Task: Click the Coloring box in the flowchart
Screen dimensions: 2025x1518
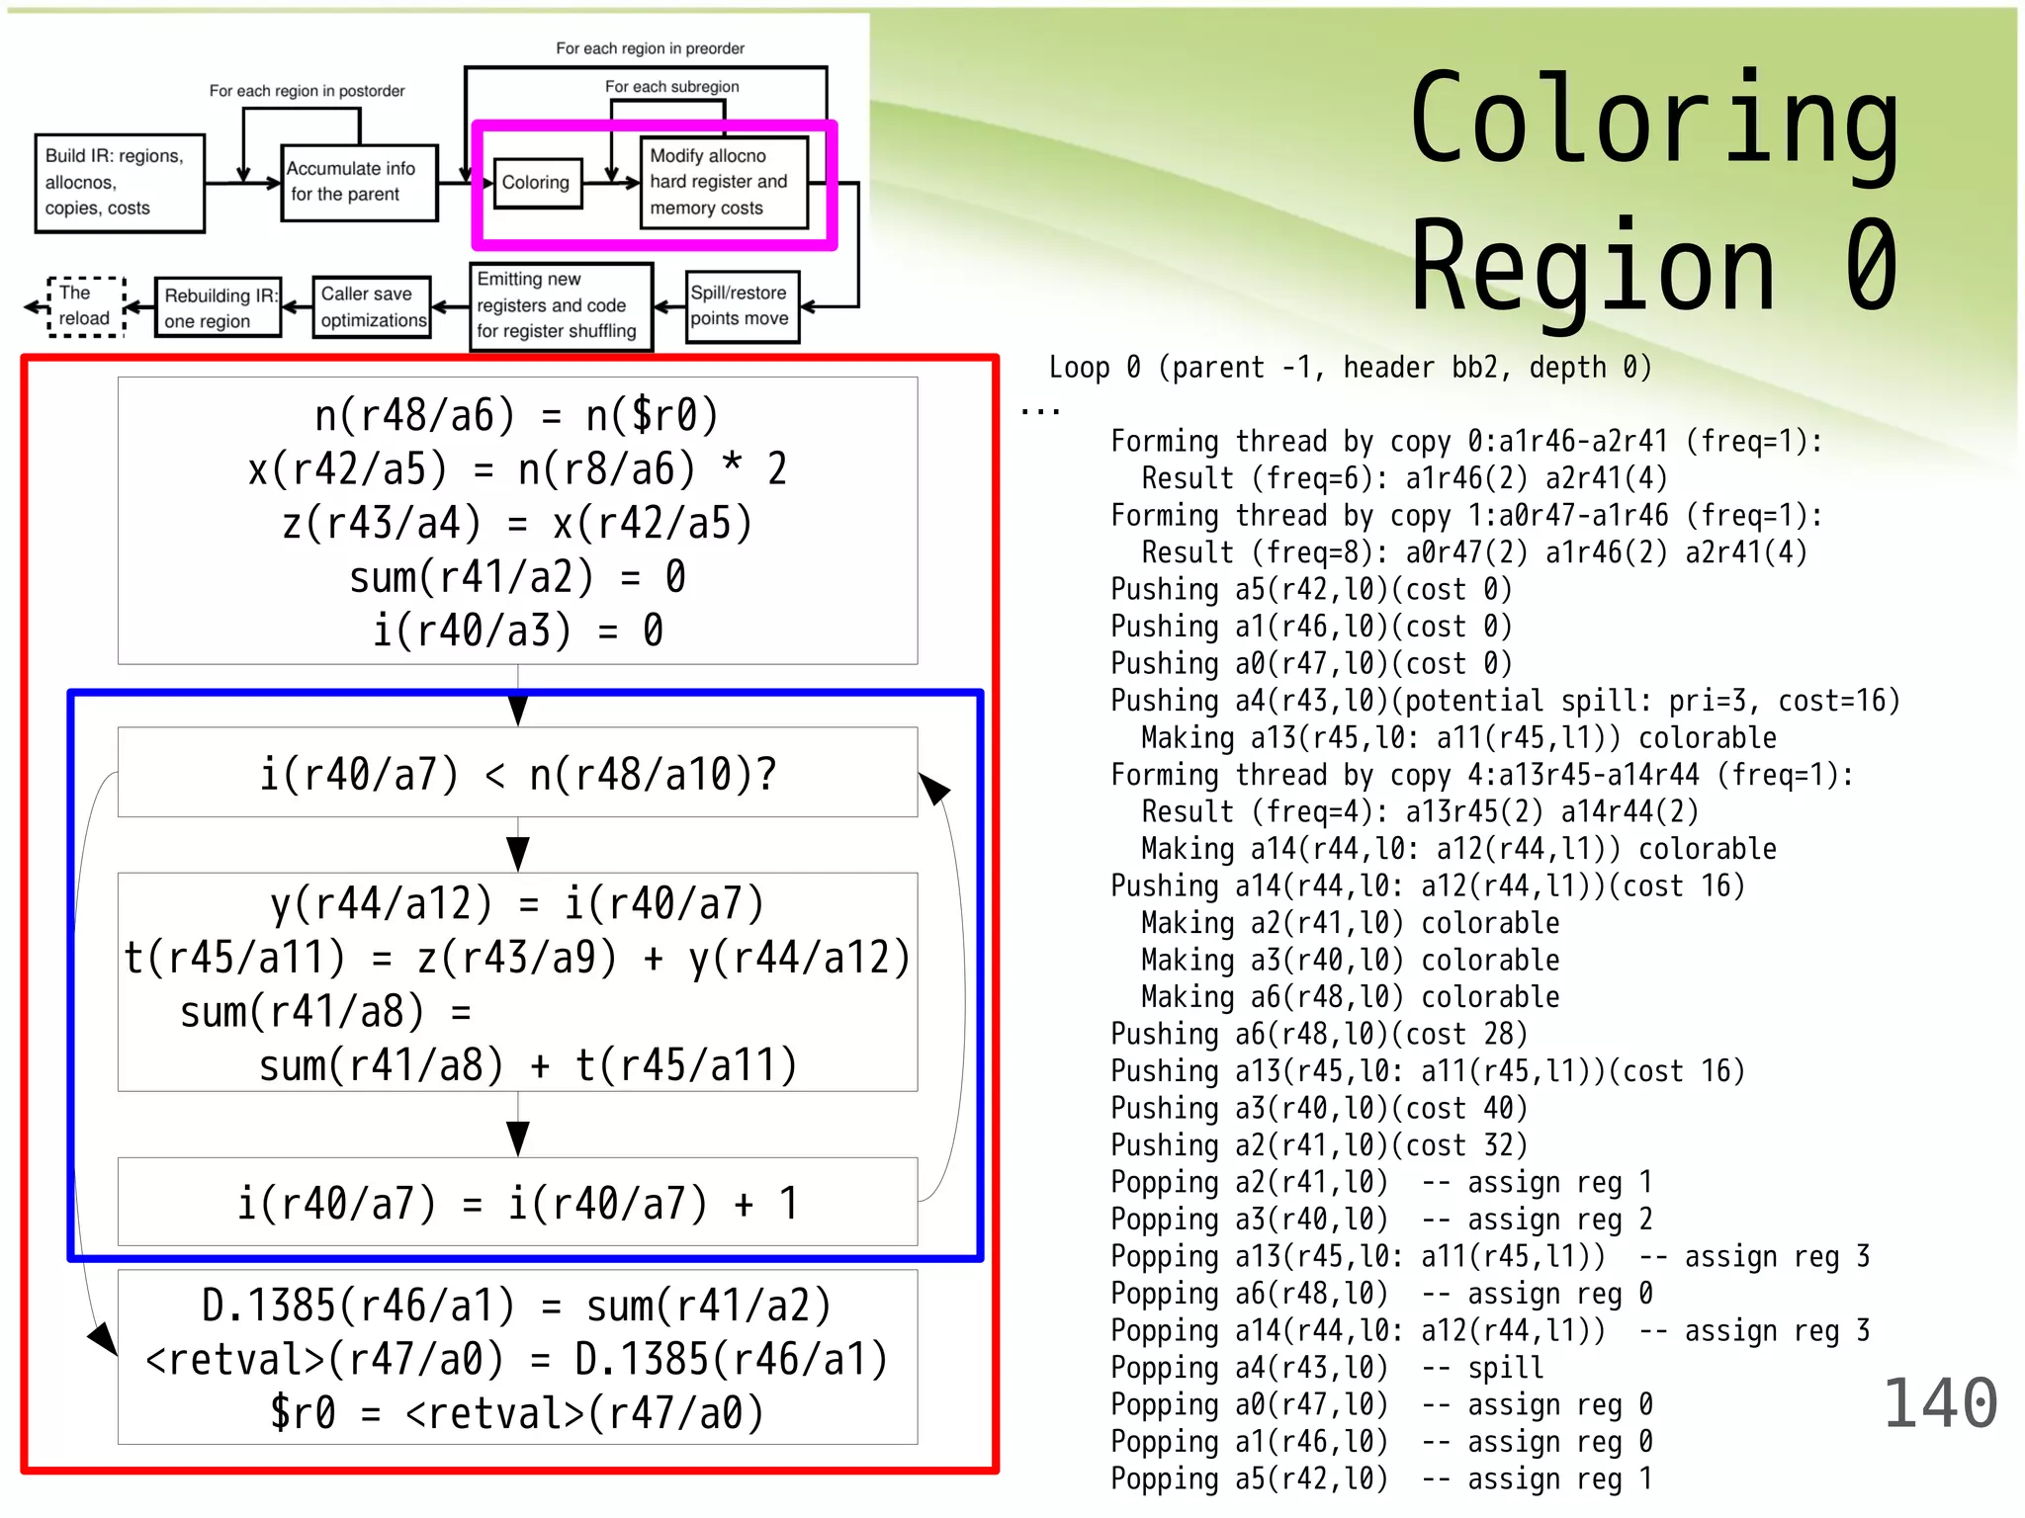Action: [536, 183]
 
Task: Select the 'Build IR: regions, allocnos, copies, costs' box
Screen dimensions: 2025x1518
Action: [119, 183]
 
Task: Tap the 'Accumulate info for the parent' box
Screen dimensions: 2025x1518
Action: [358, 182]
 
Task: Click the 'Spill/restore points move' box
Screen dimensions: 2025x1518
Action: [742, 306]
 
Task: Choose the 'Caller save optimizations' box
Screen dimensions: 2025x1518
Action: [372, 307]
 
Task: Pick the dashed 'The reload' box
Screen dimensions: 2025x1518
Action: [86, 306]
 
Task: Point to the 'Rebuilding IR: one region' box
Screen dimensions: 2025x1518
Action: [219, 308]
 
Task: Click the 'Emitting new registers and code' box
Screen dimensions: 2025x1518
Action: [560, 306]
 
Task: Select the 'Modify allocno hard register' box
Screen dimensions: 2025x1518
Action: [724, 183]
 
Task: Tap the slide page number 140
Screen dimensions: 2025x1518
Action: [1940, 1403]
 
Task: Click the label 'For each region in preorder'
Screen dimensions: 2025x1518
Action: [650, 48]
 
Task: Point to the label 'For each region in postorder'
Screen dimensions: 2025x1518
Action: [307, 91]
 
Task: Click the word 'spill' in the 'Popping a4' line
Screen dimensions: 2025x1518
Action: [1505, 1368]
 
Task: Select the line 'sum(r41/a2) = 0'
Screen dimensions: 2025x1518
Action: [517, 577]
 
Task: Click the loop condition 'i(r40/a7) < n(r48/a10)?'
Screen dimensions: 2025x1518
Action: [517, 774]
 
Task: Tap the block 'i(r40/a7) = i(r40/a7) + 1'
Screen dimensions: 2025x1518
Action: [517, 1203]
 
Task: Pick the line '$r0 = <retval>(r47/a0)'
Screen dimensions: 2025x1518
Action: [517, 1413]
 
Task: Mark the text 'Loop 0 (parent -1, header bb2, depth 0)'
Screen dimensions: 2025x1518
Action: [1350, 368]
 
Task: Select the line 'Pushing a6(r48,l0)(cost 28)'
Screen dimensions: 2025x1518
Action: [1319, 1034]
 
